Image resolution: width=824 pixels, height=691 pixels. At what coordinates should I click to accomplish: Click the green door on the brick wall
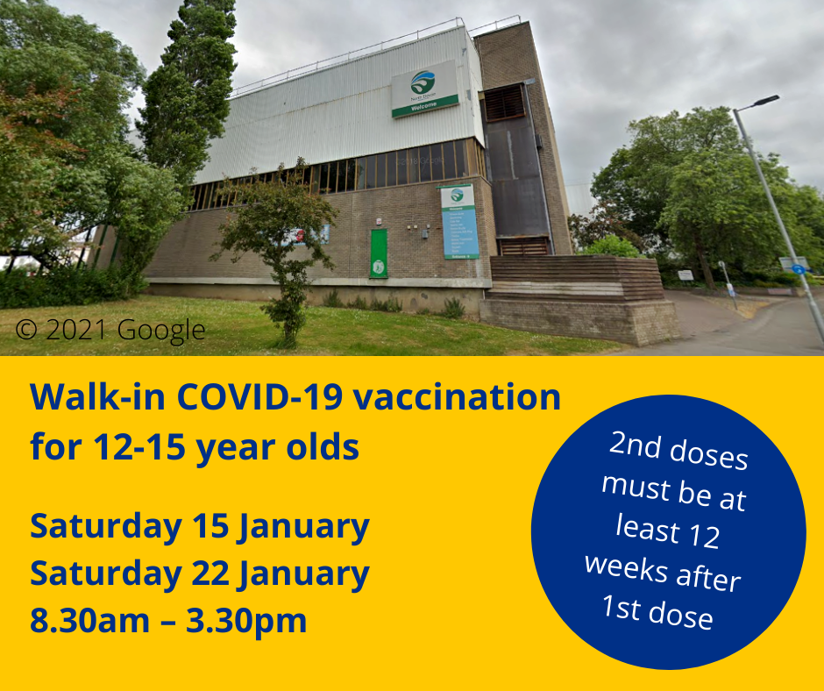pyautogui.click(x=378, y=253)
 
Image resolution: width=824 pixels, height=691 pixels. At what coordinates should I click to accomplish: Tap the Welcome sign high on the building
pyautogui.click(x=424, y=89)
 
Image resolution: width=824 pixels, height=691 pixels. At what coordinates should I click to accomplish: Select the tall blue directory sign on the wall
pyautogui.click(x=459, y=222)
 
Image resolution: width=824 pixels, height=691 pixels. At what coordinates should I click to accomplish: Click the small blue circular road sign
pyautogui.click(x=799, y=269)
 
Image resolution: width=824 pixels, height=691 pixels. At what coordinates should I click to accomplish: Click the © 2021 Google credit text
pyautogui.click(x=111, y=330)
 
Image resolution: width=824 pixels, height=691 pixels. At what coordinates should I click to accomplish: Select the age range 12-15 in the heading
pyautogui.click(x=136, y=447)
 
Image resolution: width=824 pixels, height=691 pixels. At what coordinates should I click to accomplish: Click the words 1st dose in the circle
pyautogui.click(x=657, y=611)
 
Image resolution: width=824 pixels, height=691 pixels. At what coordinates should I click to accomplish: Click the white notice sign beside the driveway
pyautogui.click(x=685, y=274)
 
